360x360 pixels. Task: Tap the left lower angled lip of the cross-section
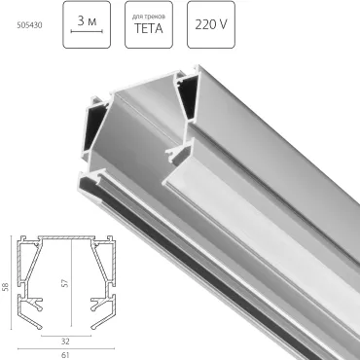point(31,308)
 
